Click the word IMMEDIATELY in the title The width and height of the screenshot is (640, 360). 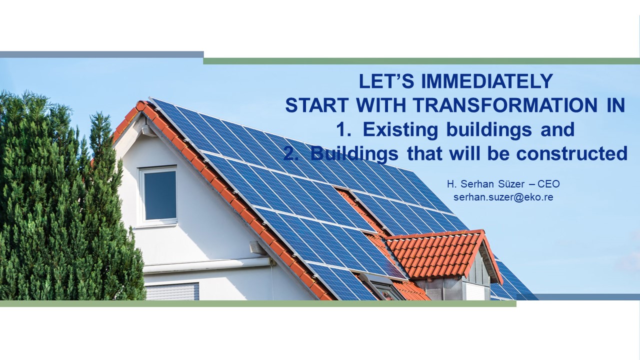[487, 81]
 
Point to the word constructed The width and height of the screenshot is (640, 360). [571, 153]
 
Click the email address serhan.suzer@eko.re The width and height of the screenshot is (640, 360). [503, 197]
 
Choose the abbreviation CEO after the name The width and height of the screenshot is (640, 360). [548, 184]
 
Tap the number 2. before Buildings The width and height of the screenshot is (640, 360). [290, 153]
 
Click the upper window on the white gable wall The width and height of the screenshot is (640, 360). [158, 195]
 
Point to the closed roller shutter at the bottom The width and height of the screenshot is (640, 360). [172, 291]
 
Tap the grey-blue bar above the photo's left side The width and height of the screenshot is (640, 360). [101, 54]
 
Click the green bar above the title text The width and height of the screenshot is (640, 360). [421, 61]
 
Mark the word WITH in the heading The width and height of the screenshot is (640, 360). [381, 105]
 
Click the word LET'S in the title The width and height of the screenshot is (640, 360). [386, 81]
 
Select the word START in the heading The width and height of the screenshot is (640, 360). [317, 105]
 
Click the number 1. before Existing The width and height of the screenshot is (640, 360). [343, 129]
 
